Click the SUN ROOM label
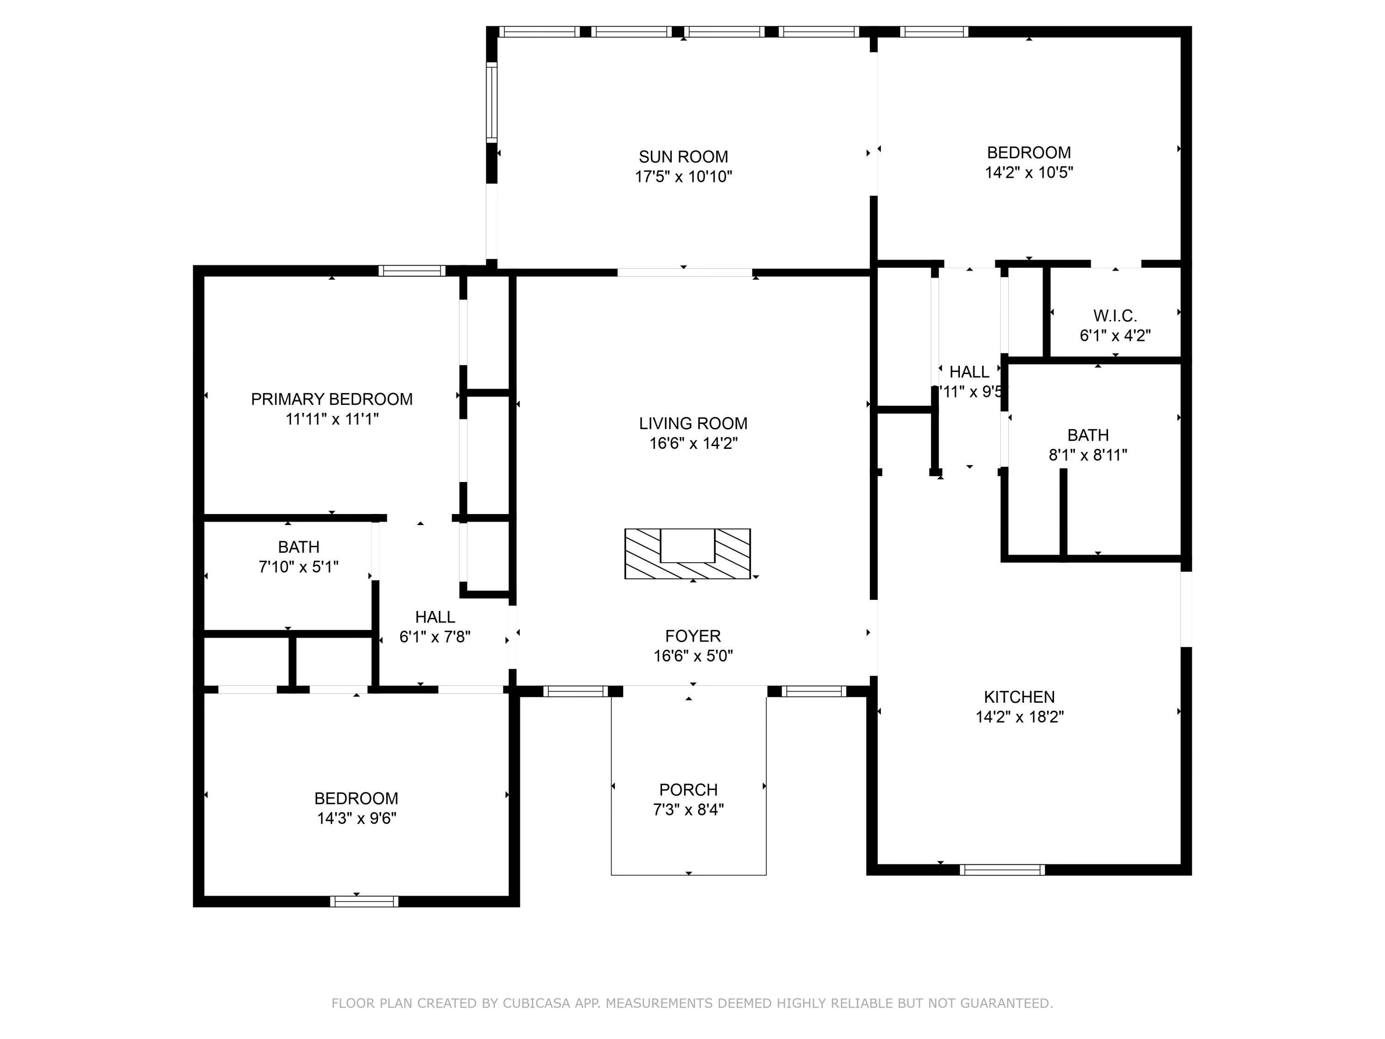pyautogui.click(x=683, y=157)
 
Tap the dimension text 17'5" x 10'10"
pyautogui.click(x=683, y=176)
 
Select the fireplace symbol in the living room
pyautogui.click(x=687, y=554)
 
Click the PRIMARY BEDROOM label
pyautogui.click(x=332, y=399)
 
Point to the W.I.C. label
pyautogui.click(x=1115, y=316)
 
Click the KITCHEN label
pyautogui.click(x=1019, y=697)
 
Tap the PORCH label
pyautogui.click(x=688, y=790)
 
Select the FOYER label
pyautogui.click(x=693, y=636)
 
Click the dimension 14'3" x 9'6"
pyautogui.click(x=356, y=819)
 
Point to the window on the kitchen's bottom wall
pyautogui.click(x=1002, y=870)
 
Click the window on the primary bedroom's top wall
pyautogui.click(x=411, y=271)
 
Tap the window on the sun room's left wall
pyautogui.click(x=492, y=103)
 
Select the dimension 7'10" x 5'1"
pyautogui.click(x=299, y=567)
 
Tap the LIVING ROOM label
pyautogui.click(x=693, y=423)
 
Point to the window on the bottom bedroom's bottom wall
pyautogui.click(x=364, y=902)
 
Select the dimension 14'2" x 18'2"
pyautogui.click(x=1019, y=717)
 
